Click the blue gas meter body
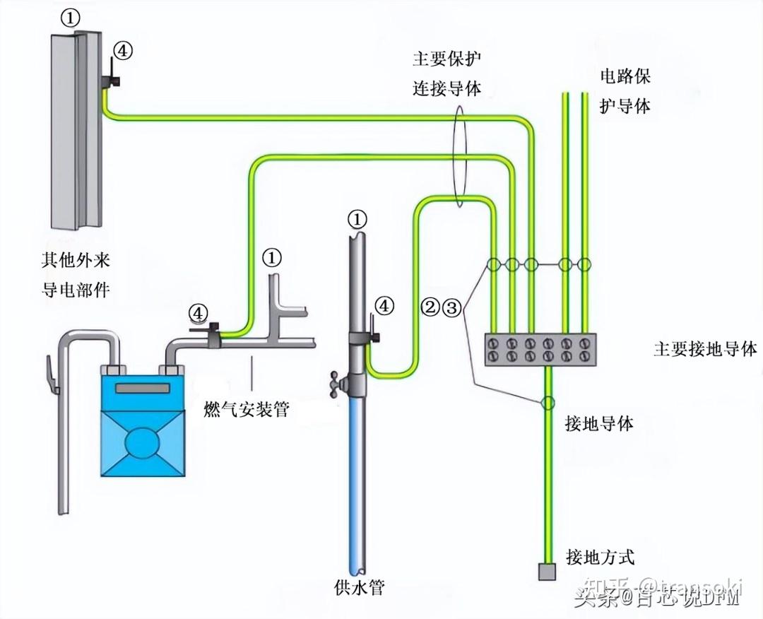pos(142,431)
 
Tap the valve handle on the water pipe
pos(336,382)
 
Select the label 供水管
pos(360,587)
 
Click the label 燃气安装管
pos(246,408)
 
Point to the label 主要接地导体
pos(704,349)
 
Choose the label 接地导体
pos(599,423)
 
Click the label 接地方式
pos(600,556)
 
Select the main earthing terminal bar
pos(540,350)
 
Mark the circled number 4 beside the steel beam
pos(123,50)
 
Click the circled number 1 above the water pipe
pos(357,219)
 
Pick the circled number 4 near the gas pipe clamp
pos(199,312)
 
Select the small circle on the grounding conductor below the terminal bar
pos(547,403)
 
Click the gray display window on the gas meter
pos(143,388)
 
